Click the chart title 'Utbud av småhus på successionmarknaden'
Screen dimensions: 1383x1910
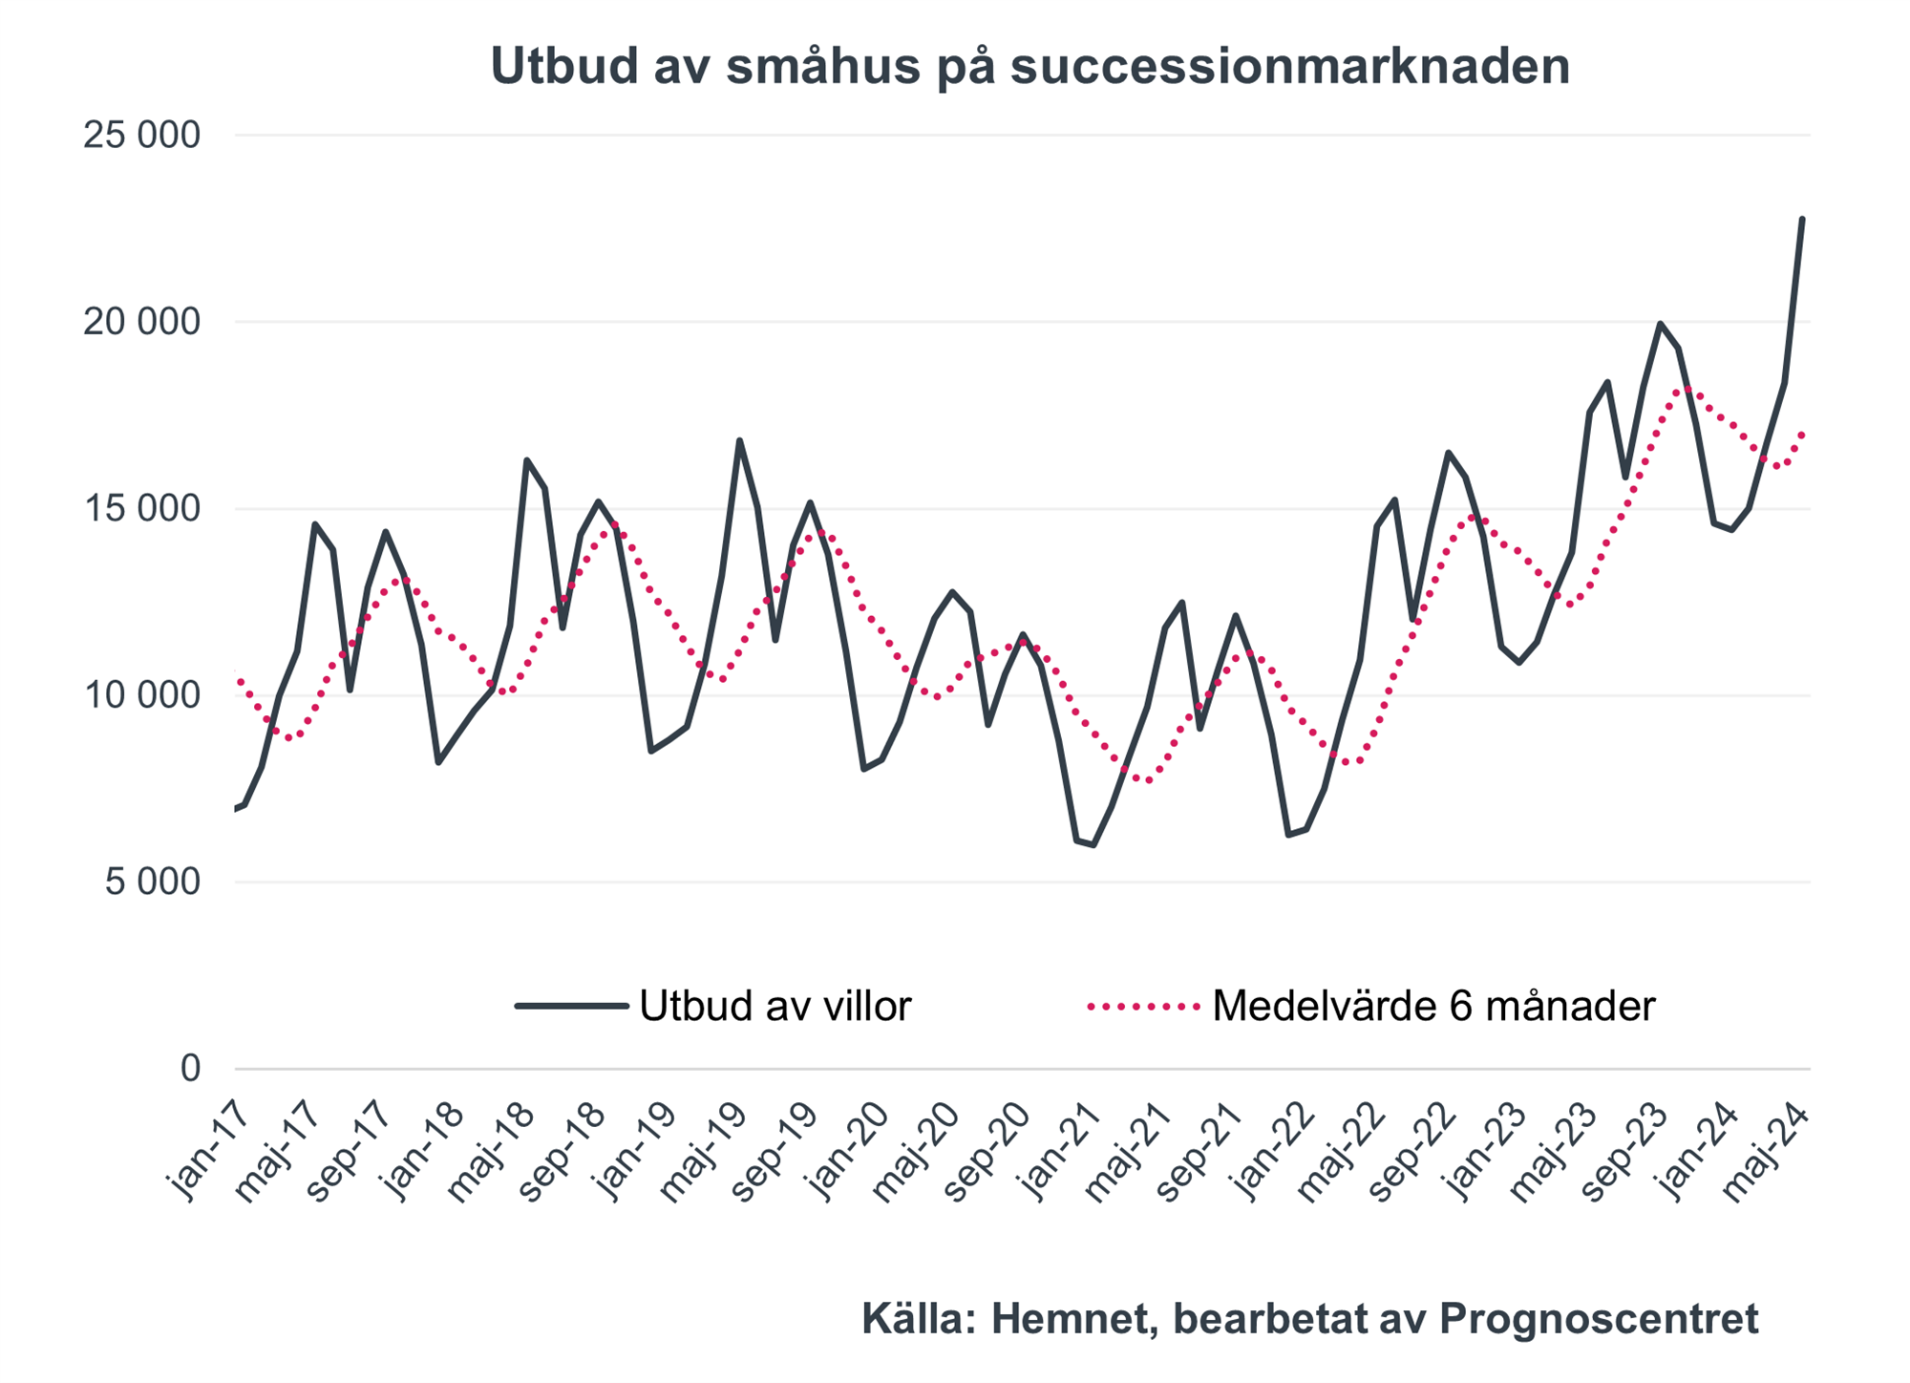coord(1030,67)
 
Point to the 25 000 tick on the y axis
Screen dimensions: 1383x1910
coord(142,136)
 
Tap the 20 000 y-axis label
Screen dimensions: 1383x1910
coord(142,322)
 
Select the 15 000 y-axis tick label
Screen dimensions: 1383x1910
coord(142,508)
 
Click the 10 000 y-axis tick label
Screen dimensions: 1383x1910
coord(142,695)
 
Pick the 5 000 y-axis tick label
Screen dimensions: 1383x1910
coord(153,882)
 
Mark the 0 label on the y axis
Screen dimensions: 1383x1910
coord(190,1068)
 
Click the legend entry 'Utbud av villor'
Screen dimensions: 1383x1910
coord(775,1006)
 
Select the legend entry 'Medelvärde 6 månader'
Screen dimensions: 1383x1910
coord(1432,1006)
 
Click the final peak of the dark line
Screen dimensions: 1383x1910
coord(1801,220)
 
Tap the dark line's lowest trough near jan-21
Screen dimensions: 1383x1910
coord(1093,845)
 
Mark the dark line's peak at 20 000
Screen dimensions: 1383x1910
coord(1660,324)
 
